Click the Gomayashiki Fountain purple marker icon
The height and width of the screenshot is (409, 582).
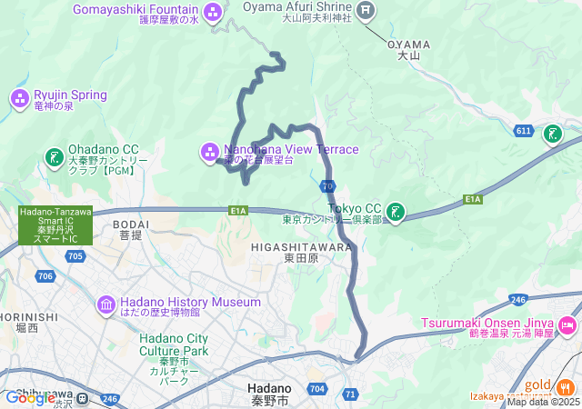tap(213, 12)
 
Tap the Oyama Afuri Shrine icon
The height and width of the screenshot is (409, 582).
tap(366, 11)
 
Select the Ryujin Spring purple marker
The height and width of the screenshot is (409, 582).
tap(20, 96)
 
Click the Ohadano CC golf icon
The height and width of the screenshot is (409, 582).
tap(55, 156)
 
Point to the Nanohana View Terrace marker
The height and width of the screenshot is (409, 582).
tap(209, 150)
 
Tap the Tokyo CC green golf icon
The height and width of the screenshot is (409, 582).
tap(396, 212)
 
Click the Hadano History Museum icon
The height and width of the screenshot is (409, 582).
tap(105, 304)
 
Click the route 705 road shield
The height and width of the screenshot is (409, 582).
tap(75, 257)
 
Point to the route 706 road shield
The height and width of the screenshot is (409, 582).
tap(46, 275)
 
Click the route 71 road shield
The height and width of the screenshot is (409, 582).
tap(351, 394)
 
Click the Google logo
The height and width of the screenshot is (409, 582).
tap(30, 397)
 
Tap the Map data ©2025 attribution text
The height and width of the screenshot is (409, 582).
tap(542, 402)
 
